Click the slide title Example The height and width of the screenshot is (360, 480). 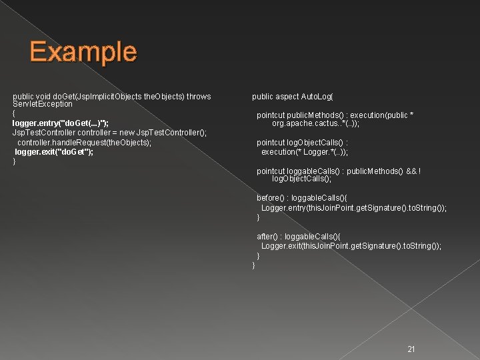pos(83,51)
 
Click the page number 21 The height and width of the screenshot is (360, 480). pos(411,349)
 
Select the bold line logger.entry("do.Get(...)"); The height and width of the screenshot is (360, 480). pos(61,123)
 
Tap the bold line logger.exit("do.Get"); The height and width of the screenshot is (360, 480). pos(54,151)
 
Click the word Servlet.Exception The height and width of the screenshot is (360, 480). pos(43,104)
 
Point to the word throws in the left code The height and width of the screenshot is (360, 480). pos(199,97)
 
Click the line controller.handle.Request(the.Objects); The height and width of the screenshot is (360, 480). pos(84,142)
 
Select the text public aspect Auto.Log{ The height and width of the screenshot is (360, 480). pos(293,97)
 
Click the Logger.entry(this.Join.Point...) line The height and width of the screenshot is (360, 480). pos(353,208)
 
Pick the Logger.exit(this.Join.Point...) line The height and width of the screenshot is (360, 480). pos(351,246)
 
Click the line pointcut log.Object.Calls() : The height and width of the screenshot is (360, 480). pos(302,142)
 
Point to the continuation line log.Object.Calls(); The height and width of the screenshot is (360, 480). pos(301,179)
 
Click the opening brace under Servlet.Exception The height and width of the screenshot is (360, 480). pos(14,114)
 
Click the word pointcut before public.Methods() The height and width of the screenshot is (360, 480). pos(271,115)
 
